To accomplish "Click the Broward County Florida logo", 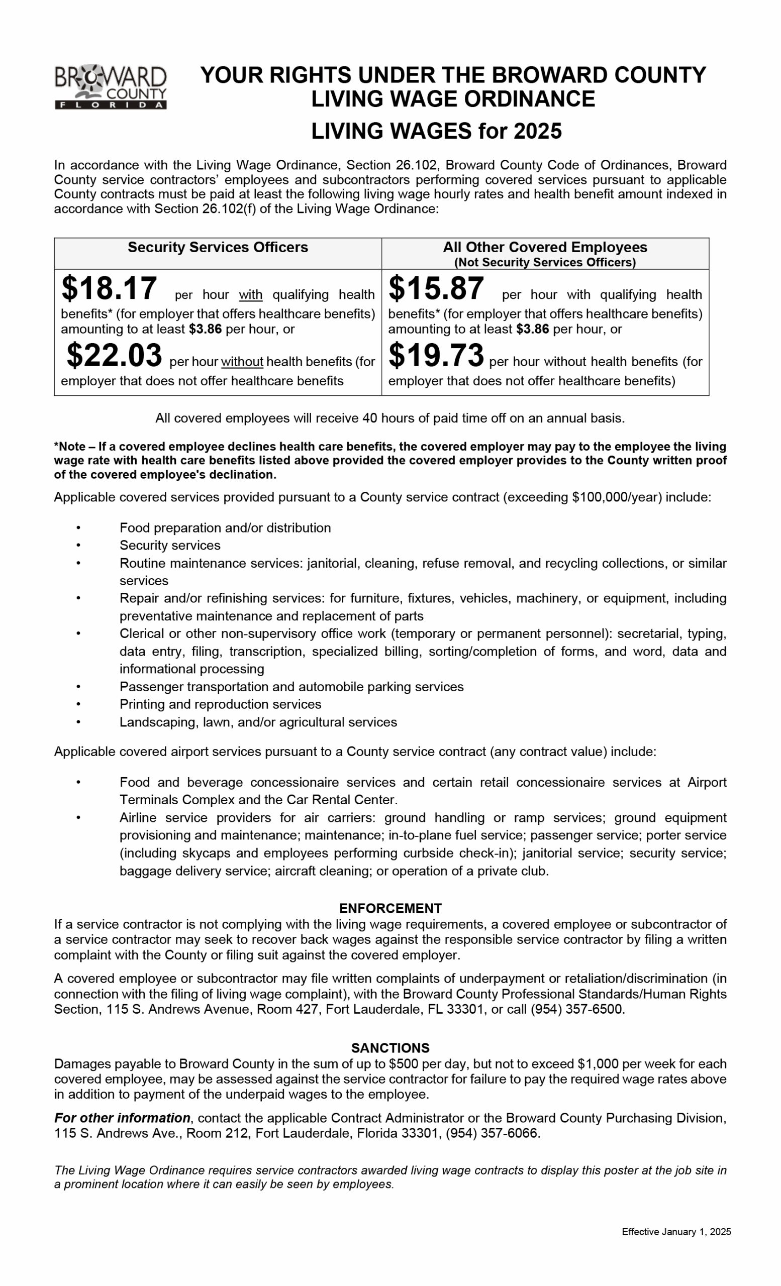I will (110, 86).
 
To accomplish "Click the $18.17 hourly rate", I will (109, 288).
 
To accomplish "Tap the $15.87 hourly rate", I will (436, 288).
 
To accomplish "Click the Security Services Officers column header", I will (218, 247).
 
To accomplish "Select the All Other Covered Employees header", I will (544, 247).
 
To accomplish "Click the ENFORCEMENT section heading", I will (390, 908).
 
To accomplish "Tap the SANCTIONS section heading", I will (390, 1048).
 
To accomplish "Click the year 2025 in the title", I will (537, 131).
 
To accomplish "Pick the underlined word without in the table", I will (242, 362).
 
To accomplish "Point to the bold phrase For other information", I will (122, 1118).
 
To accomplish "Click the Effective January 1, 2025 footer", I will (676, 1232).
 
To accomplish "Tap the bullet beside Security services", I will (78, 546).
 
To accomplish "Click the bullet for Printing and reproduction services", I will (78, 704).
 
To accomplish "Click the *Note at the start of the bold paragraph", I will (69, 447).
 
